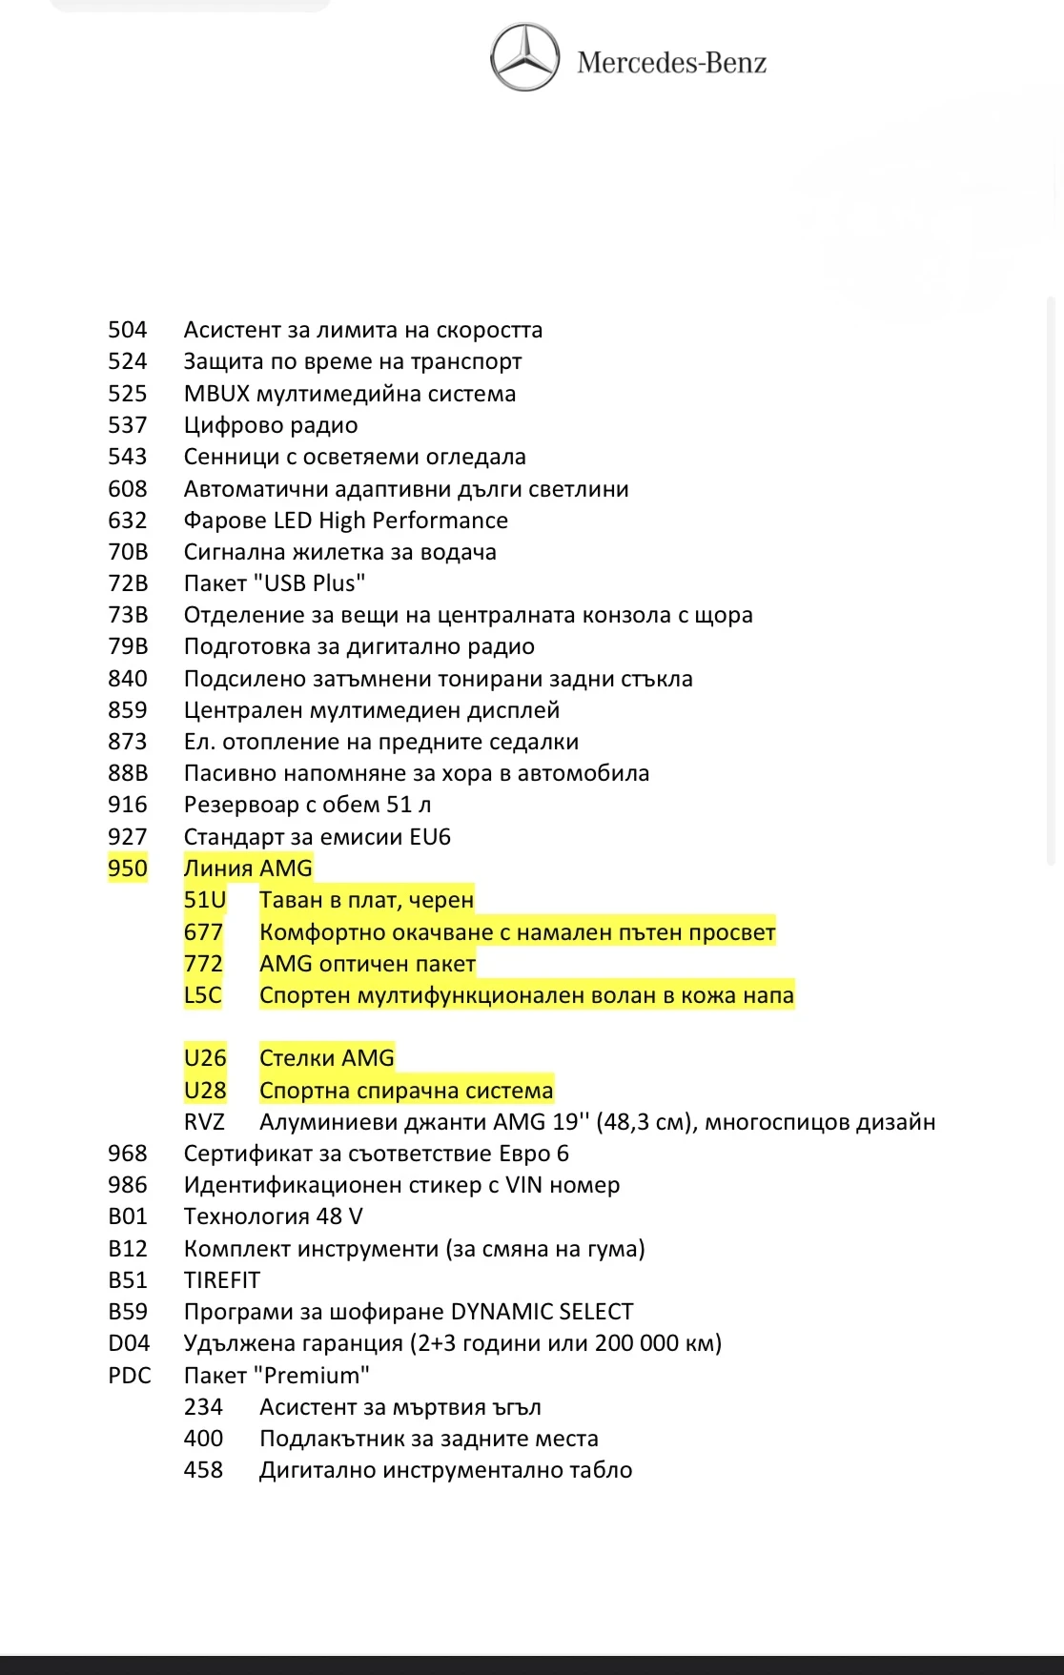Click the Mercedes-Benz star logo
524,58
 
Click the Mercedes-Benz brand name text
671,63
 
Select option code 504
128,330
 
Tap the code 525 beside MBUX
128,394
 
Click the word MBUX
217,394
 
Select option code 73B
128,615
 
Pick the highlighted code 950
128,868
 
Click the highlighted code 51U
205,900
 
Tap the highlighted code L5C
203,995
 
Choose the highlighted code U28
205,1090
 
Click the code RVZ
204,1122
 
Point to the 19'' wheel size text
571,1122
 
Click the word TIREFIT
222,1280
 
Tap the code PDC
130,1376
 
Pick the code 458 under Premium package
203,1470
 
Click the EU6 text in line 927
430,837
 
